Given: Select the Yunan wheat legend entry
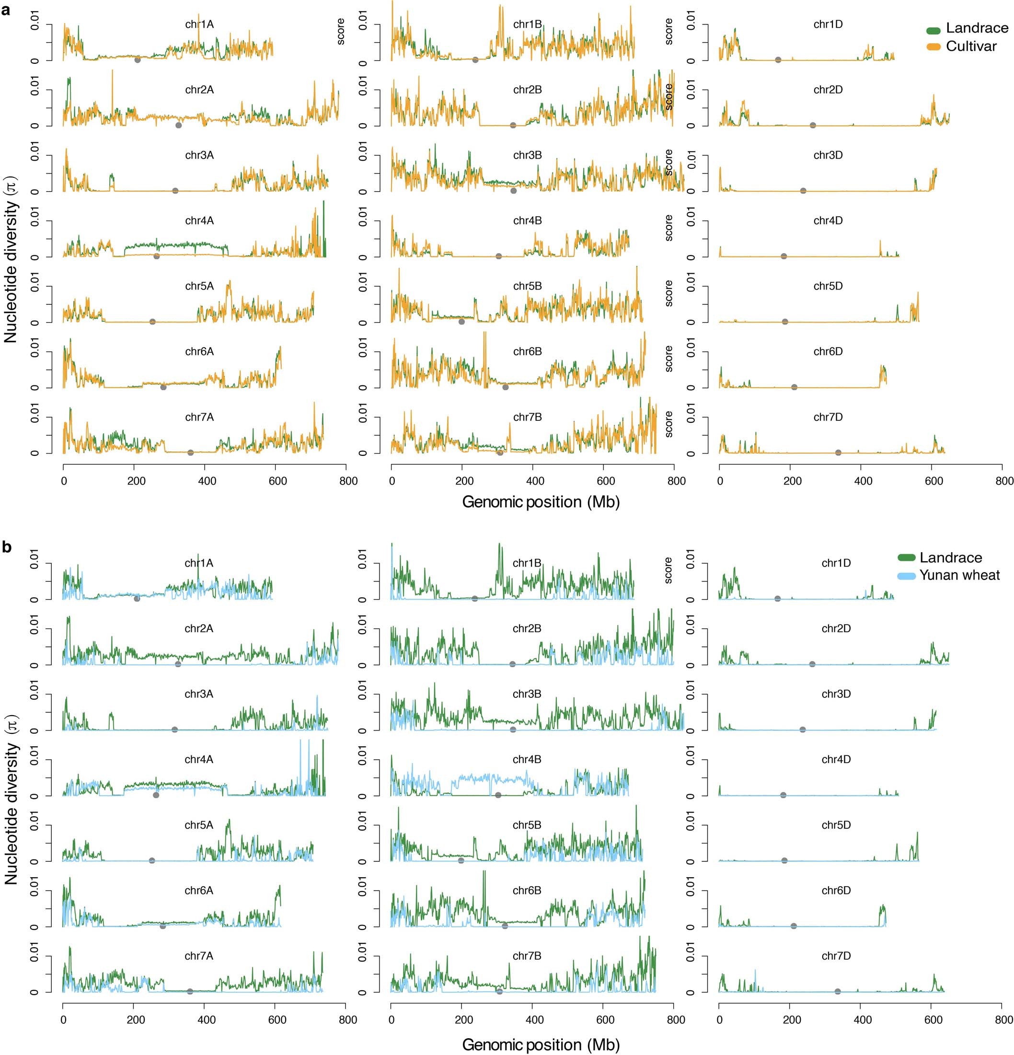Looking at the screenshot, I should coord(958,575).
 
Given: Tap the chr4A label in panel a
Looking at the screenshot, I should coord(199,220).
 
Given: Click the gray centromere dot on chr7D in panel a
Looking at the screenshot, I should coord(838,452).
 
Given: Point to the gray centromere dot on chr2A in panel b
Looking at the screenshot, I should coord(178,664).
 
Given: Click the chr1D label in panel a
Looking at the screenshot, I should coord(828,24).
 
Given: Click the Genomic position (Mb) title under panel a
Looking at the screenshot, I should coord(541,502).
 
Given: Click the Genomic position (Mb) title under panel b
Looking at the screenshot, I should coord(541,1045).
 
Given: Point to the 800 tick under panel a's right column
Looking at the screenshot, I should coord(1004,481).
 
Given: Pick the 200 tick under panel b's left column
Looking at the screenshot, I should coord(136,1020).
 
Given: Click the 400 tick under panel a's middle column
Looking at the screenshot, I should coord(534,481).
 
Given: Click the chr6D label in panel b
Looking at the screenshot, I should coord(836,890).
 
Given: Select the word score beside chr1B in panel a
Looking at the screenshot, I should coord(341,31).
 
